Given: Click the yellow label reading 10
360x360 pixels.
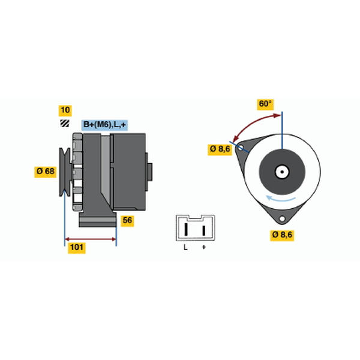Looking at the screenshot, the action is point(65,110).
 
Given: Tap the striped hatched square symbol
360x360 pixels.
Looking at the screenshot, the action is point(65,124).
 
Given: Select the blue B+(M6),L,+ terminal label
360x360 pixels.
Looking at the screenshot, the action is point(104,125).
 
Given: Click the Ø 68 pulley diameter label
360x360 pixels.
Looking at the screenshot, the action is point(45,172).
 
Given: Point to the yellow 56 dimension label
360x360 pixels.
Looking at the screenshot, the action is point(127,221).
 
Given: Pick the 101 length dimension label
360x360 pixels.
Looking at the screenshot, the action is point(77,248).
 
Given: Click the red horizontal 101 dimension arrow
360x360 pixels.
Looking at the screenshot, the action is point(91,239).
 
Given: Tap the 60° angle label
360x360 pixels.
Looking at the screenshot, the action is point(265,104).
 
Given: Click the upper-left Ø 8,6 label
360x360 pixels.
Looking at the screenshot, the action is point(220,149).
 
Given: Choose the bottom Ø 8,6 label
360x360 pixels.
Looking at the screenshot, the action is point(282,235).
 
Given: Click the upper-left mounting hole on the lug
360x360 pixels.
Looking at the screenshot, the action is point(241,148).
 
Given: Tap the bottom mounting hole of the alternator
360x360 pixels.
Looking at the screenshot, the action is point(282,218).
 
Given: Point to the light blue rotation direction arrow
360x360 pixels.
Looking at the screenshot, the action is point(281,199).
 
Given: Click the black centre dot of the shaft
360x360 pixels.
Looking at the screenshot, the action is point(282,172).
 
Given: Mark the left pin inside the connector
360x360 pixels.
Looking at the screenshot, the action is point(186,229).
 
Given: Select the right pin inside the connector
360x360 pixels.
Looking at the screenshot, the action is point(203,230).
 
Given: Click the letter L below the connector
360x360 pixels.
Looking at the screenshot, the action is point(185,247).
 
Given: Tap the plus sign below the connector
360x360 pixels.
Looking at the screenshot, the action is point(204,247).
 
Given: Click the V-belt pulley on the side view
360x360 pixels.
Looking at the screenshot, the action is point(65,172).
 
